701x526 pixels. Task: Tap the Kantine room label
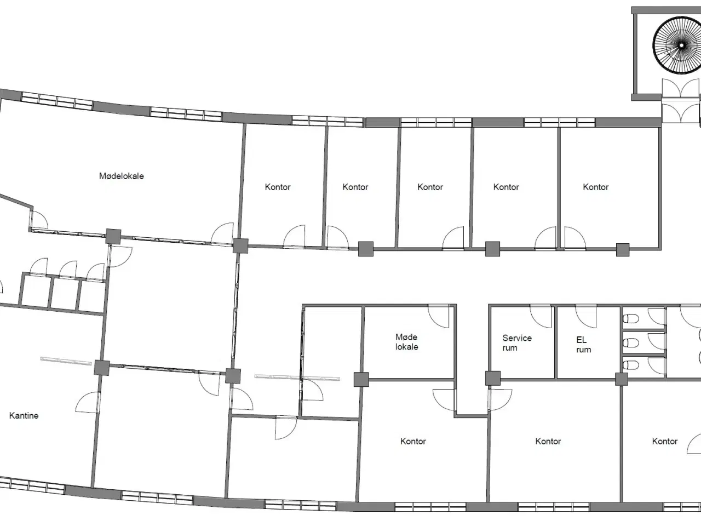(24, 415)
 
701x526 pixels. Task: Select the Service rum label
(517, 342)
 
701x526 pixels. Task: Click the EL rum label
(583, 345)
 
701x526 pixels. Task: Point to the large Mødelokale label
(122, 176)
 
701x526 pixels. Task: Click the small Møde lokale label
(406, 342)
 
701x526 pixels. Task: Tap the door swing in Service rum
(541, 316)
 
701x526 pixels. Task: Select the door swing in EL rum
(585, 316)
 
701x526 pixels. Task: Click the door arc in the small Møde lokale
(439, 316)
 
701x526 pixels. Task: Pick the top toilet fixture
(631, 318)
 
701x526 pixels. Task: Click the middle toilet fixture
(631, 343)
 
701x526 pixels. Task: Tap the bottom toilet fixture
(631, 365)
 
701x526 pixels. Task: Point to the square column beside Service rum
(493, 378)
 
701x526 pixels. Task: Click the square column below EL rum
(622, 379)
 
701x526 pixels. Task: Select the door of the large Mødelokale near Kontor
(222, 234)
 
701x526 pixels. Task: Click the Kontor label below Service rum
(548, 442)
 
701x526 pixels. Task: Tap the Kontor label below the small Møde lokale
(413, 442)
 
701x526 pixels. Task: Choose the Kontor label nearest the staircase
(596, 187)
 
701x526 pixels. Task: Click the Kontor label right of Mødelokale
(278, 187)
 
